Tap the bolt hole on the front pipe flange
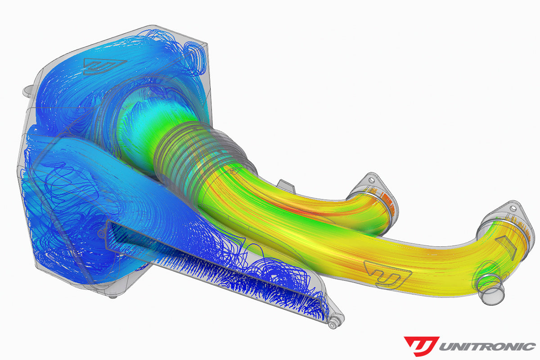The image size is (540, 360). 513,208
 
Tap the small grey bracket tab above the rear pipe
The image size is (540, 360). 285,184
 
